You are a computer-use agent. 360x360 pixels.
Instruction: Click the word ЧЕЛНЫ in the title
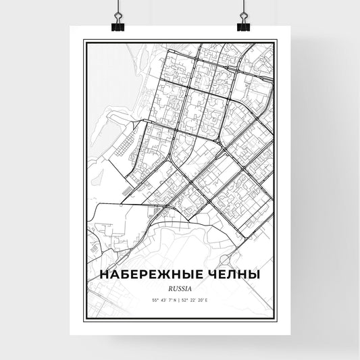click(x=228, y=275)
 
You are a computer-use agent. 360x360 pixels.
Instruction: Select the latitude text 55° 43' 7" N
click(x=162, y=299)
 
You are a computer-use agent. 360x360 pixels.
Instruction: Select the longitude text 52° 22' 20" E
click(x=198, y=299)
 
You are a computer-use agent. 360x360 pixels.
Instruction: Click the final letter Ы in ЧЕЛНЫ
click(x=253, y=275)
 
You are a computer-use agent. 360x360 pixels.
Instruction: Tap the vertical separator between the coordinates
click(x=180, y=299)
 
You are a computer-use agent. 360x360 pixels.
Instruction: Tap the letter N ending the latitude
click(x=175, y=299)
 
